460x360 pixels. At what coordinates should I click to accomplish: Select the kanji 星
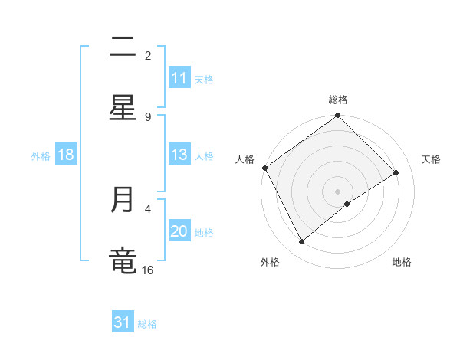(x=123, y=108)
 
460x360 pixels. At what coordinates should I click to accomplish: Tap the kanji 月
(x=123, y=200)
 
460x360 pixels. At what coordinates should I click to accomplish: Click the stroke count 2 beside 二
(x=148, y=55)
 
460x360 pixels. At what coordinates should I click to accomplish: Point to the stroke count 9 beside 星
(x=148, y=116)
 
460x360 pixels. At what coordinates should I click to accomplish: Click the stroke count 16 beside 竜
(x=148, y=270)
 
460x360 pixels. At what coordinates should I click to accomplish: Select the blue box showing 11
(x=179, y=78)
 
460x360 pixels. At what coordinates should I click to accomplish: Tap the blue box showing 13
(x=179, y=155)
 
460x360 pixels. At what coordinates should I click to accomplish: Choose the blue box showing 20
(x=179, y=231)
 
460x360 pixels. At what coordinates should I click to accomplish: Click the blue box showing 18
(x=66, y=155)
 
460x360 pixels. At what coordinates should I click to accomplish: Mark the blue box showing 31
(x=123, y=323)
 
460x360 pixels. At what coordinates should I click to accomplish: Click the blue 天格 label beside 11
(x=204, y=79)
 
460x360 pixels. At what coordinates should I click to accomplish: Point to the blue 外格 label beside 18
(x=41, y=155)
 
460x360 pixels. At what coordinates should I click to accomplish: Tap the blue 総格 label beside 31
(x=147, y=324)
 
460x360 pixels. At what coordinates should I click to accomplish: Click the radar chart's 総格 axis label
(x=338, y=100)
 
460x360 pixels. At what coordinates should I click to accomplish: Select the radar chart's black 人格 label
(x=245, y=159)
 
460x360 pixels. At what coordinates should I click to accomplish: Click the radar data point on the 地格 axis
(x=347, y=204)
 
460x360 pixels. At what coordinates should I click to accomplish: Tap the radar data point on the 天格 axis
(x=396, y=173)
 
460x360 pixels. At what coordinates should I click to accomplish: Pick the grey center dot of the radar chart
(x=338, y=191)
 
